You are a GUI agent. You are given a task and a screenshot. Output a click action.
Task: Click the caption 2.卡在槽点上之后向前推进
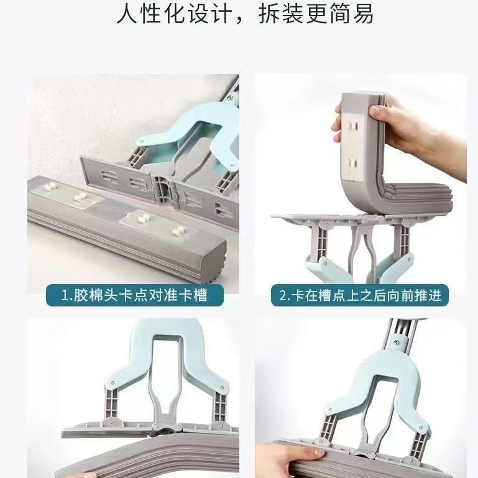(360, 295)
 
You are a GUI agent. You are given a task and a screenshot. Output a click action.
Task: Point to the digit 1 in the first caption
(65, 295)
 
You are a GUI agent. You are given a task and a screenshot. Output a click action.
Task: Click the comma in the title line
(241, 19)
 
